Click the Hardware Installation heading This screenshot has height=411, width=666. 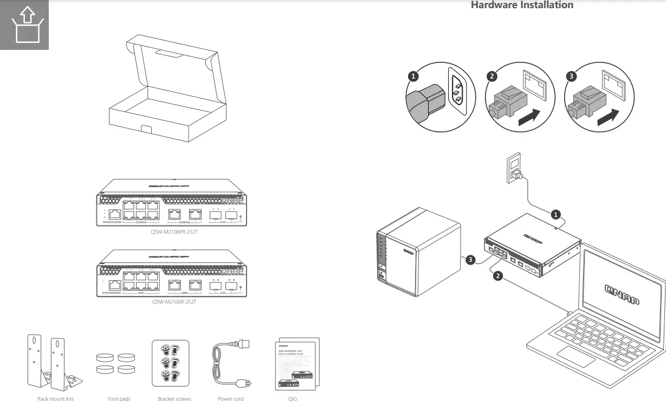click(521, 5)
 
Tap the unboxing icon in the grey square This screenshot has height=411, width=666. click(24, 25)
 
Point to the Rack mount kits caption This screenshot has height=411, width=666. click(55, 399)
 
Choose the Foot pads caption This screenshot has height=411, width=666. click(119, 399)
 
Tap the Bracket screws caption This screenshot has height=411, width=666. click(174, 399)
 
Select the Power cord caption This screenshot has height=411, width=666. click(230, 399)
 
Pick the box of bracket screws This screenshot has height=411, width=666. click(170, 363)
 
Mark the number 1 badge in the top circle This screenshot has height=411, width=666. click(413, 76)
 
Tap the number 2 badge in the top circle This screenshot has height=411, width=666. click(492, 76)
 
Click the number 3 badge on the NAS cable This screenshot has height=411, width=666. click(470, 260)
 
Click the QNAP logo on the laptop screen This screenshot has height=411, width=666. click(622, 293)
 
